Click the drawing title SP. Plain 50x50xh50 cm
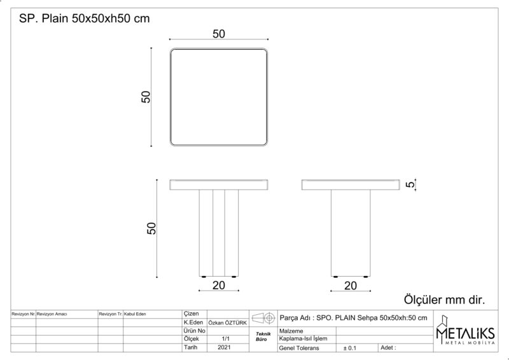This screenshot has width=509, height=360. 85,18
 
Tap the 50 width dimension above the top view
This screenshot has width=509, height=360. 219,34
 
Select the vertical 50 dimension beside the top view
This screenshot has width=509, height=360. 146,97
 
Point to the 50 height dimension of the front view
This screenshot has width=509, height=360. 151,228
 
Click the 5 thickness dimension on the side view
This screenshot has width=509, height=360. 410,184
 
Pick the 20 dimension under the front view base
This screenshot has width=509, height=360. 219,286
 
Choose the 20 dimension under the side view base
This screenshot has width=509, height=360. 351,286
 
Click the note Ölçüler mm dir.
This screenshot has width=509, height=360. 444,300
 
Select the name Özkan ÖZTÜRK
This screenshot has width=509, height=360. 228,323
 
